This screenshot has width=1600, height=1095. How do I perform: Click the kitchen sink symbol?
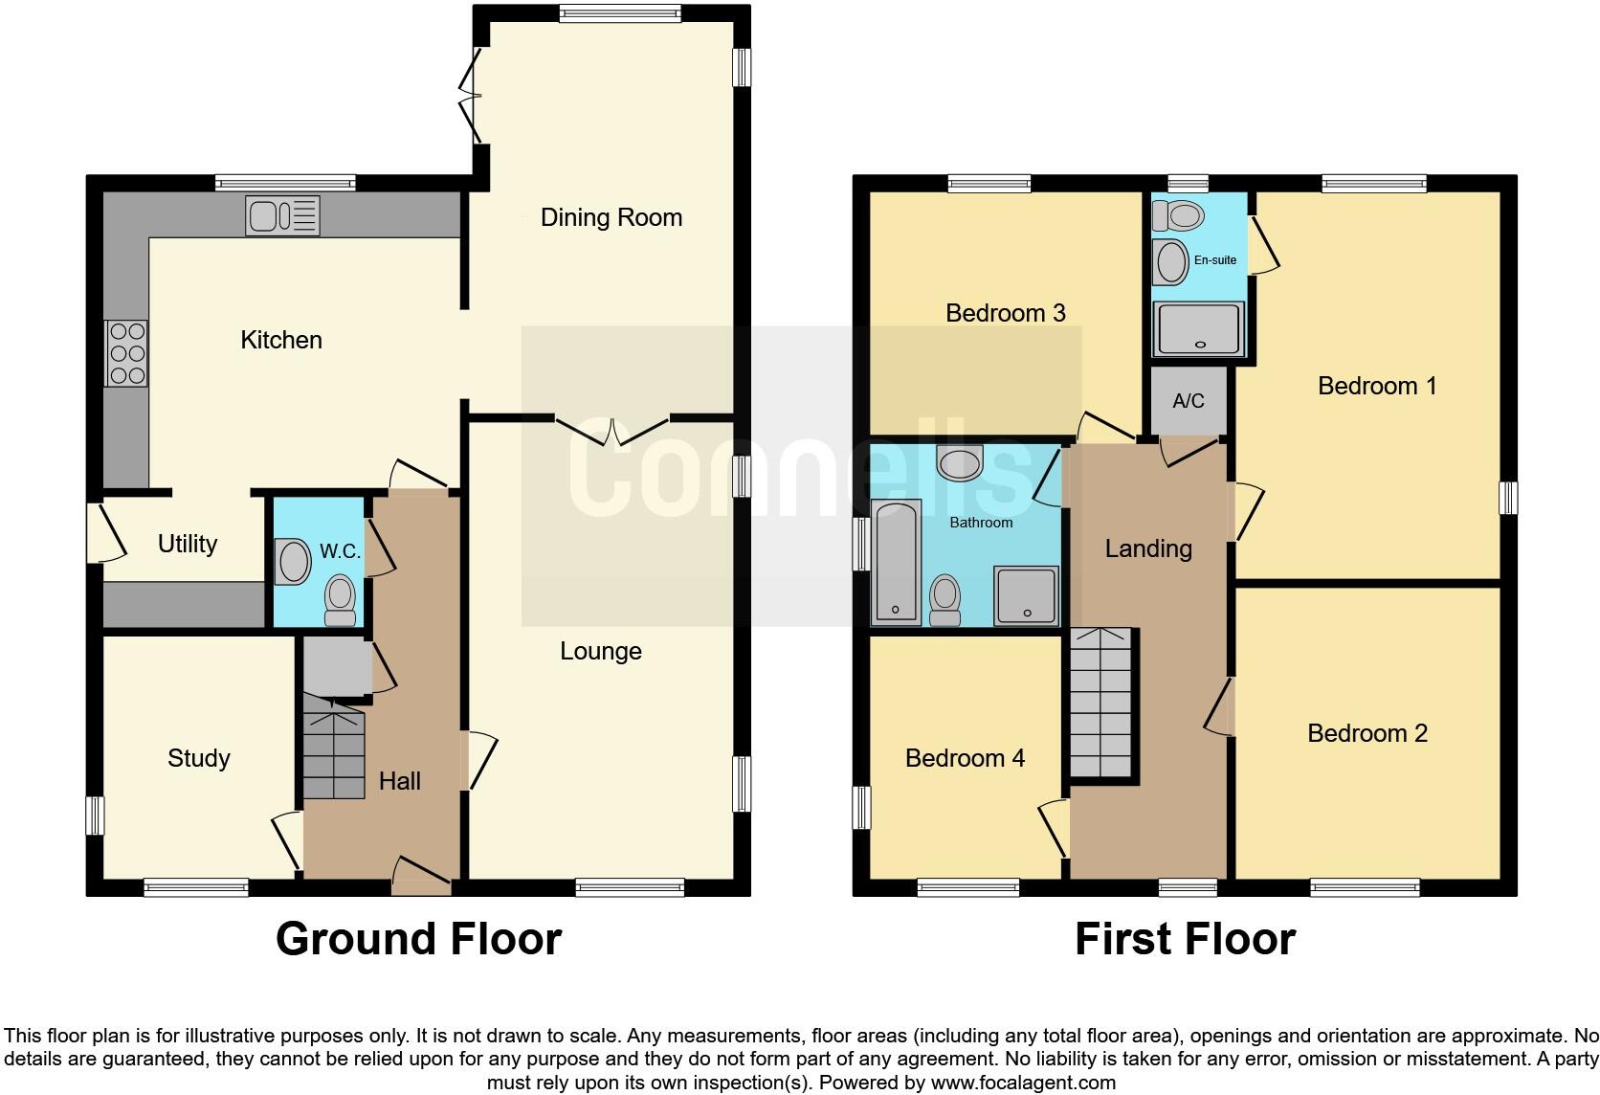click(x=282, y=215)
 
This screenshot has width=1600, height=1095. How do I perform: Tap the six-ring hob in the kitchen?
click(x=126, y=352)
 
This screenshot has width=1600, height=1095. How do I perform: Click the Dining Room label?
click(x=611, y=217)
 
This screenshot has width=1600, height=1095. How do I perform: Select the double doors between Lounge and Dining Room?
click(x=612, y=430)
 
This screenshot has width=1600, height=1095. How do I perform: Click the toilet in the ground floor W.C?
click(x=340, y=598)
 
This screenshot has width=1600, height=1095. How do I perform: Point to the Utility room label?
click(x=188, y=544)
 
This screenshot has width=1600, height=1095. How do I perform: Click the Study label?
click(x=198, y=758)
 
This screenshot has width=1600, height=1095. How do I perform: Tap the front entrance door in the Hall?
click(x=421, y=876)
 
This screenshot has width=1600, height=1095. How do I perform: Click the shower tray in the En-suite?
click(x=1199, y=328)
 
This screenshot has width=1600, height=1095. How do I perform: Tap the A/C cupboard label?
click(x=1188, y=400)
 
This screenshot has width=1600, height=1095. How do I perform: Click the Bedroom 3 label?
click(x=1005, y=313)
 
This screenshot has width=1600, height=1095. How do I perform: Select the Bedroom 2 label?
click(x=1367, y=733)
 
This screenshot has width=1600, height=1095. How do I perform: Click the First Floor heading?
click(x=1185, y=939)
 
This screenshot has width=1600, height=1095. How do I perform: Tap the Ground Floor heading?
click(x=418, y=939)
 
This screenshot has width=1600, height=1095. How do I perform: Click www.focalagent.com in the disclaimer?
click(x=1022, y=1083)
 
